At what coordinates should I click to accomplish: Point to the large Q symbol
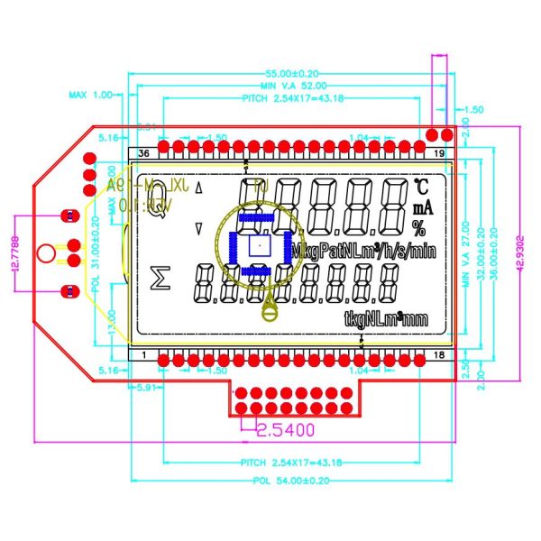[x=154, y=192]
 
